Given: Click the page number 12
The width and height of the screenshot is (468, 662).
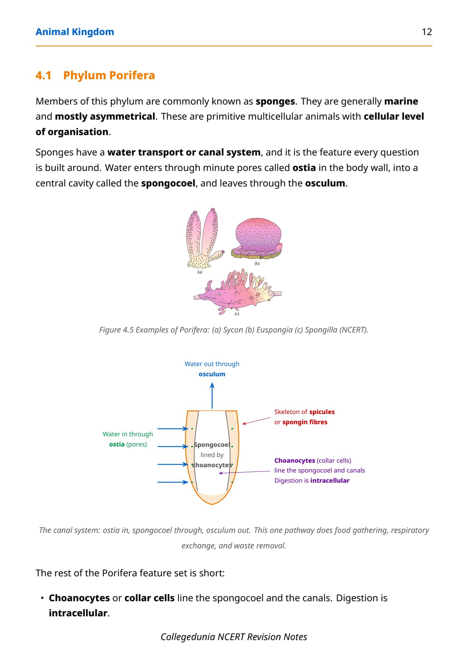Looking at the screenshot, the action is [427, 32].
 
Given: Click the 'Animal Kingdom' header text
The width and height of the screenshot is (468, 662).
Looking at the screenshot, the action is [75, 32].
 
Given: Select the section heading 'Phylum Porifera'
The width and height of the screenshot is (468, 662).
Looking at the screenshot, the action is [109, 75].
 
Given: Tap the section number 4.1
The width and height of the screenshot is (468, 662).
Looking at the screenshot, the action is [43, 75].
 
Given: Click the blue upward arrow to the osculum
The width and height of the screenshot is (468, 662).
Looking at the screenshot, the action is [212, 396].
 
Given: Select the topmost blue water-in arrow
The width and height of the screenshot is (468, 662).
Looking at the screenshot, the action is [173, 429].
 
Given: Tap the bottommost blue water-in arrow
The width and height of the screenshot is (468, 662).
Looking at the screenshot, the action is [173, 482].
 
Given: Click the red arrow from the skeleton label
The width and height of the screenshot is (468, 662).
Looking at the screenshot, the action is [256, 421].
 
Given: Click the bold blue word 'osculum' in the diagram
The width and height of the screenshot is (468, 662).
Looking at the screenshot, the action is [212, 374].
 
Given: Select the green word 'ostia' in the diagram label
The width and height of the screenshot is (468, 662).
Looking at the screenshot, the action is [117, 444].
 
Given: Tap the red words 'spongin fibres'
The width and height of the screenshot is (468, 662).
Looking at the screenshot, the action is [305, 422].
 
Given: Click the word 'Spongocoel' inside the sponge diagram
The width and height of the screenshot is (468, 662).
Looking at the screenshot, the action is [212, 445].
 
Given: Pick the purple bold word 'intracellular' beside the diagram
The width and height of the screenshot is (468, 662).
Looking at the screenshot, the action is [330, 480].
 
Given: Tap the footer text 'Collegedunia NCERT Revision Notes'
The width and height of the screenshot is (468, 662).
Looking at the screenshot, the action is [234, 637].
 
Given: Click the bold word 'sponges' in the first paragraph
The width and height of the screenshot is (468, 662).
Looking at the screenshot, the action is [275, 102].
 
